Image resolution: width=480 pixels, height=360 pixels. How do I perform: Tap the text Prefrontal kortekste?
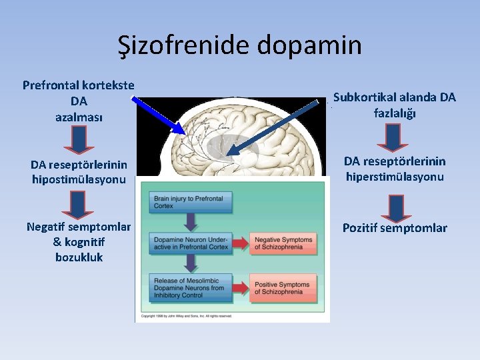pyautogui.click(x=79, y=85)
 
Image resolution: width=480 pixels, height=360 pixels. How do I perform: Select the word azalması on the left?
pyautogui.click(x=79, y=116)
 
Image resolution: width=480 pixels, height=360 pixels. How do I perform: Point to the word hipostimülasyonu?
pyautogui.click(x=79, y=179)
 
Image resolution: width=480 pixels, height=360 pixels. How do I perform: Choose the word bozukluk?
pyautogui.click(x=79, y=257)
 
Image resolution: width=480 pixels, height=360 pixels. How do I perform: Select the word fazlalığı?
pyautogui.click(x=394, y=113)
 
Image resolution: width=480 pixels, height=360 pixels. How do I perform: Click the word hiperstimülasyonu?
pyautogui.click(x=394, y=177)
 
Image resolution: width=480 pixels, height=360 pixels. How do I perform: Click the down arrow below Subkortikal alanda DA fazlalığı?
pyautogui.click(x=393, y=137)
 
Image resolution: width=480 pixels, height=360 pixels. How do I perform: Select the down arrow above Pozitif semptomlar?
pyautogui.click(x=396, y=207)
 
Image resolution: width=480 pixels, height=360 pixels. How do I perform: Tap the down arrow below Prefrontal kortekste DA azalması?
pyautogui.click(x=79, y=141)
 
